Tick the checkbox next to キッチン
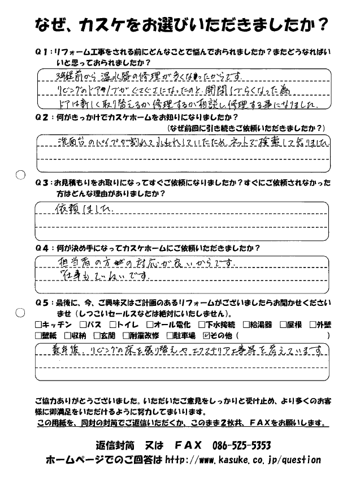coord(38,325)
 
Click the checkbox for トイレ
coord(112,325)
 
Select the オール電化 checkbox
coord(149,325)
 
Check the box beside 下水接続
coord(202,325)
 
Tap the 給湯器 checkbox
coord(246,325)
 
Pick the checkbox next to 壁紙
coord(38,335)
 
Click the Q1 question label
coord(43,52)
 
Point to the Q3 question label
coord(43,184)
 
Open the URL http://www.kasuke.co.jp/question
coord(243,460)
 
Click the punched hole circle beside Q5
coord(20,312)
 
